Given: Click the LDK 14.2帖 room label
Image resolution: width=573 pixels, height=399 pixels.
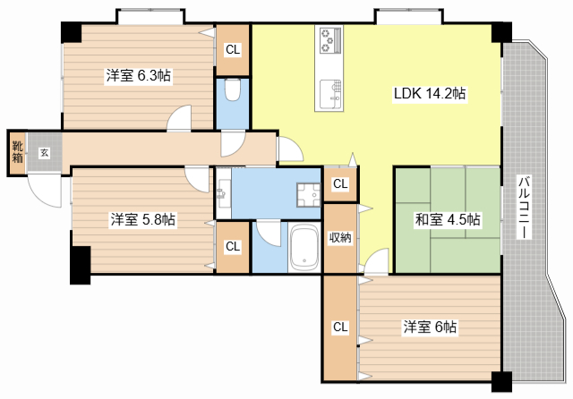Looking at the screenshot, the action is pos(430,93).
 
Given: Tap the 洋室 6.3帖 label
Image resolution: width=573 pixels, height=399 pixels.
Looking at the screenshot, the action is pos(138,75).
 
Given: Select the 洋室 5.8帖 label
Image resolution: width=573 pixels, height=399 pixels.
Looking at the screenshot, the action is pos(143,219).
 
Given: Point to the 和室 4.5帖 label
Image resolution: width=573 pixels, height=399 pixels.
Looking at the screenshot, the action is pos(448,219).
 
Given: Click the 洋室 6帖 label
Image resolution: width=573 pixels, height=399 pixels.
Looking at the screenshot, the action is pos(430,327).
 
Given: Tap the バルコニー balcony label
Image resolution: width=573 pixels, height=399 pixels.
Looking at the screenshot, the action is pos(524,207).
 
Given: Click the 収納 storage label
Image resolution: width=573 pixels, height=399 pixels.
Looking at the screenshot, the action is pos(340,238).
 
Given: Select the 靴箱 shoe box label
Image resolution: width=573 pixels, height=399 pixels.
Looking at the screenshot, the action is pos(18,152).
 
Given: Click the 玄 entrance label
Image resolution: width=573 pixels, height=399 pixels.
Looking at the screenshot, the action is pos(44,153).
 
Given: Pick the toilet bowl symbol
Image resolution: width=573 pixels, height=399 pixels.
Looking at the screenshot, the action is pos(233,89).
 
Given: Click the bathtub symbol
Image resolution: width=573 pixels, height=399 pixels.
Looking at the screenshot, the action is pos(304,247).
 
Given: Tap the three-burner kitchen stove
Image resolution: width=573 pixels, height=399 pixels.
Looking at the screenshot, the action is pos(331,40).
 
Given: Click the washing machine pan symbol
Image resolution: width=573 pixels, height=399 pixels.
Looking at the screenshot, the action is pos(308,194).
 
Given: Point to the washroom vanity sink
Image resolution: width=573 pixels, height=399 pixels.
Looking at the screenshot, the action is pos(223,193).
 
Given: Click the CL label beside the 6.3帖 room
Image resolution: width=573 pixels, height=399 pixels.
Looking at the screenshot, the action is pos(233,49).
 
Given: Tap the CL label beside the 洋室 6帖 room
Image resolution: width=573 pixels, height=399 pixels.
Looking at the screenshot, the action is pos(340,327).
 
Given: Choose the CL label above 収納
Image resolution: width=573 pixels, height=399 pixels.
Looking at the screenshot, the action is pos(340,183).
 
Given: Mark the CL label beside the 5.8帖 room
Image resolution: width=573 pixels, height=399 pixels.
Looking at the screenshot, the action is pos(233,246).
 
